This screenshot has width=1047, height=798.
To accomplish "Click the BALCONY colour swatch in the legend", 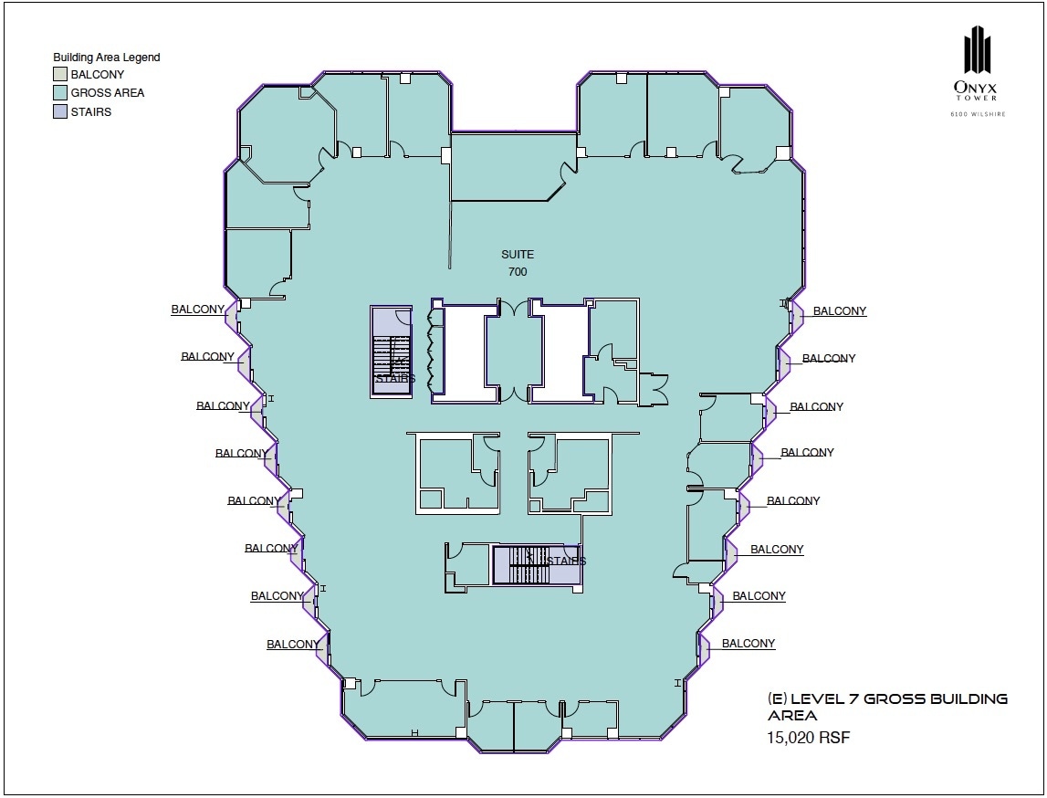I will [x=59, y=75].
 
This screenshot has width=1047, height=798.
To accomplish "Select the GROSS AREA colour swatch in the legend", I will [x=59, y=93].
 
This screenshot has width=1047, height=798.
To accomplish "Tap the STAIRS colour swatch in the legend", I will [x=59, y=111].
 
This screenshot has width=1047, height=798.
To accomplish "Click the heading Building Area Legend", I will [x=106, y=58].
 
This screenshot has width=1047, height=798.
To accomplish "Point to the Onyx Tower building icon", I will [x=978, y=49].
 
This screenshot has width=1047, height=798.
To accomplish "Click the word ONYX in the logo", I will [x=978, y=88].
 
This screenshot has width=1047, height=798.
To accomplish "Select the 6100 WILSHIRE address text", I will [x=978, y=114].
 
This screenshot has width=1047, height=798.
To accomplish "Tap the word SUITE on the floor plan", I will [x=517, y=255].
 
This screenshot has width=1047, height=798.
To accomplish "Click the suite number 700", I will [x=517, y=272].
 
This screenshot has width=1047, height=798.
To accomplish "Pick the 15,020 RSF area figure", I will [x=808, y=738].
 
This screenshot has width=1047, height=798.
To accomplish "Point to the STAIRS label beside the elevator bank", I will [x=395, y=379].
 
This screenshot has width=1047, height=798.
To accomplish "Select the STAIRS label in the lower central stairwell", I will [x=566, y=561].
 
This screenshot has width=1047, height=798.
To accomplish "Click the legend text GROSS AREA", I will [x=108, y=93].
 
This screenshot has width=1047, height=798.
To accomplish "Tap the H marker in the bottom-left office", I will [x=414, y=732].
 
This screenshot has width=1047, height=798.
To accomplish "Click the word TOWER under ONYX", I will [x=978, y=100].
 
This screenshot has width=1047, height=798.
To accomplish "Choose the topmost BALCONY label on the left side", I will [x=197, y=310].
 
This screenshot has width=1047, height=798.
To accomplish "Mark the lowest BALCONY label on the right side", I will [x=749, y=644].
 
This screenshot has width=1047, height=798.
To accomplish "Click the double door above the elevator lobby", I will [x=515, y=308].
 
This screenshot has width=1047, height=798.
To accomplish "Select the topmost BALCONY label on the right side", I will [x=840, y=311].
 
